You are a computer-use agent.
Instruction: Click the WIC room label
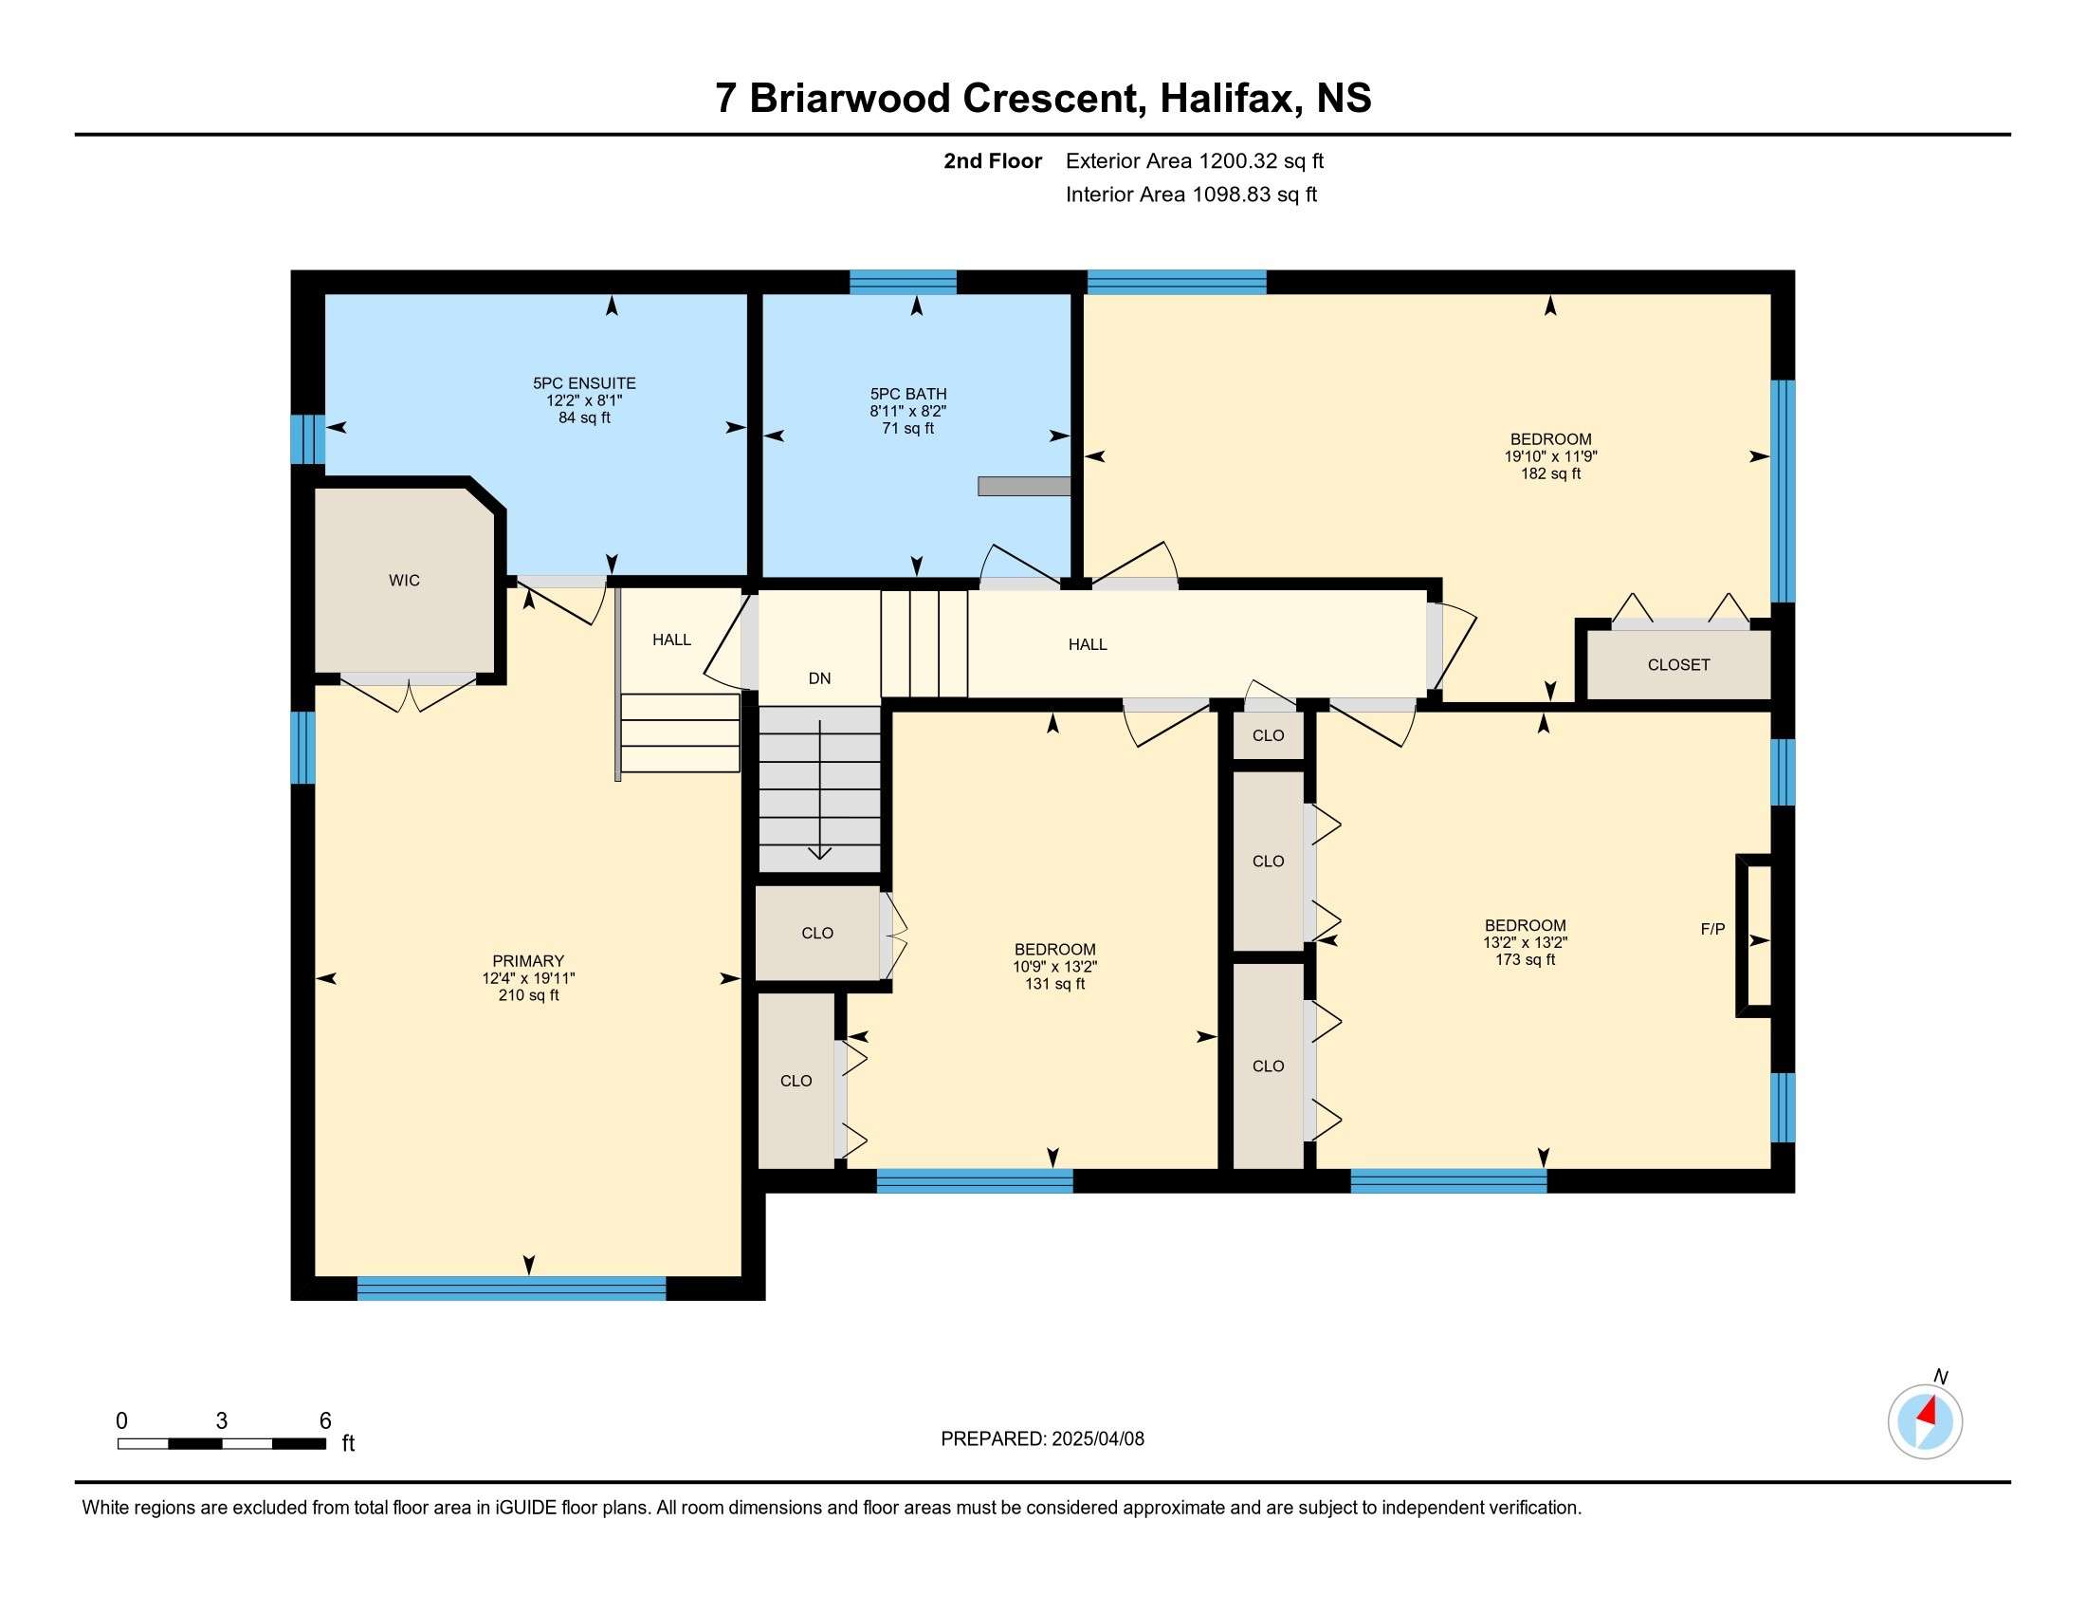pyautogui.click(x=404, y=580)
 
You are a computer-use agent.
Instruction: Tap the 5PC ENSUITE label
pyautogui.click(x=584, y=383)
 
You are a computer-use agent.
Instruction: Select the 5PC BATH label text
pyautogui.click(x=908, y=394)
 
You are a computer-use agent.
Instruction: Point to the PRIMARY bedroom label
pyautogui.click(x=528, y=960)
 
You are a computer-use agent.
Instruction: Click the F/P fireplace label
pyautogui.click(x=1712, y=929)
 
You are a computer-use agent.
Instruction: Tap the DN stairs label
pyautogui.click(x=819, y=678)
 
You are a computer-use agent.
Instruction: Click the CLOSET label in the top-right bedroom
pyautogui.click(x=1678, y=665)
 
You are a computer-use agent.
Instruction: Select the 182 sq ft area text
pyautogui.click(x=1551, y=473)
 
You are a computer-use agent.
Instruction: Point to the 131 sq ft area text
pyautogui.click(x=1054, y=983)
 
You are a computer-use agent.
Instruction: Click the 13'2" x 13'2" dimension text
pyautogui.click(x=1526, y=942)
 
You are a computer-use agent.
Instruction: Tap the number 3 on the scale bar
pyautogui.click(x=222, y=1421)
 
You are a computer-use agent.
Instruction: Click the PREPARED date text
pyautogui.click(x=1042, y=1439)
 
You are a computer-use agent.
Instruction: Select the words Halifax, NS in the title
pyautogui.click(x=1266, y=99)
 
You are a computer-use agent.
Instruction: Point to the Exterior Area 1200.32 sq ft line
pyautogui.click(x=1195, y=161)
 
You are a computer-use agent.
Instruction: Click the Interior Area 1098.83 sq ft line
pyautogui.click(x=1191, y=195)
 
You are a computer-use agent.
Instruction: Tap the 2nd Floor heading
pyautogui.click(x=993, y=161)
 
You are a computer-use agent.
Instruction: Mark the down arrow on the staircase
pyautogui.click(x=820, y=789)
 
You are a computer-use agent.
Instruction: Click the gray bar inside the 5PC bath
pyautogui.click(x=1024, y=487)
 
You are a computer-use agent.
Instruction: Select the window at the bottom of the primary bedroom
pyautogui.click(x=511, y=1289)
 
